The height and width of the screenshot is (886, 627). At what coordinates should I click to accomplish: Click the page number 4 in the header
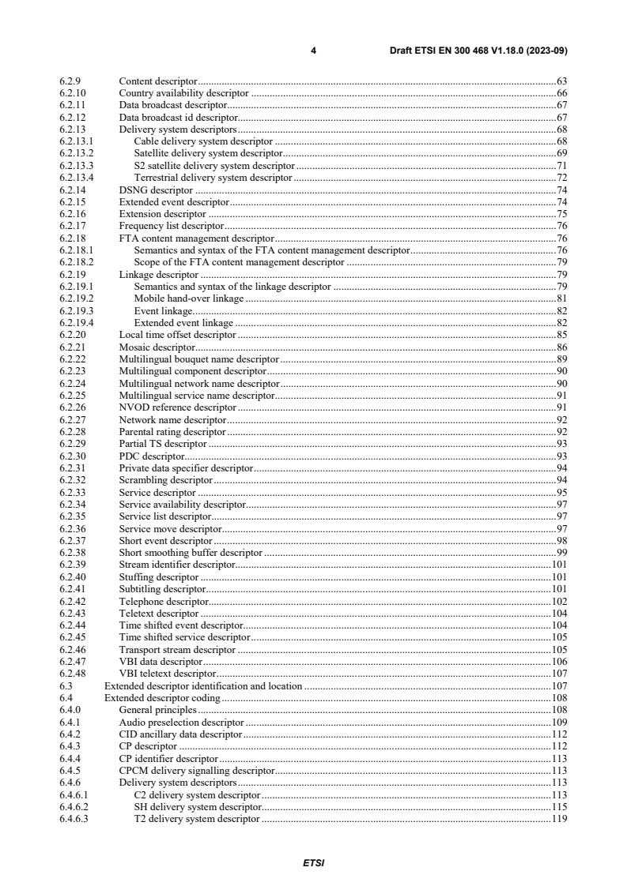point(313,51)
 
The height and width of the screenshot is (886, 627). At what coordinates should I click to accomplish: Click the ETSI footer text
point(313,863)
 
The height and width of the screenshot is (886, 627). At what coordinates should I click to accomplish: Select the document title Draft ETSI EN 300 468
point(478,51)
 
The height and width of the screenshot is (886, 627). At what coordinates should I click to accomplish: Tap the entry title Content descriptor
point(157,81)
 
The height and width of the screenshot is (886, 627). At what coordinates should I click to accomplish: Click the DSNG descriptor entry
point(156,190)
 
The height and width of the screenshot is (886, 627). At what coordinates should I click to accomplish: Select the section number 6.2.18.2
point(76,261)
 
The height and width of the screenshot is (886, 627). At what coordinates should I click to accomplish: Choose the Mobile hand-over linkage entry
point(189,299)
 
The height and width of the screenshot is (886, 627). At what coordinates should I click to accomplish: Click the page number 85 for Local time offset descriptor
point(562,335)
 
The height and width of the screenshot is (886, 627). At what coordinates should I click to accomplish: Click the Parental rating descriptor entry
point(172,432)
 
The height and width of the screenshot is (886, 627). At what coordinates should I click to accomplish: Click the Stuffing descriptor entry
point(159,577)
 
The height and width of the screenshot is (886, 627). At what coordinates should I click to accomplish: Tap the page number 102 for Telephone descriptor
point(560,602)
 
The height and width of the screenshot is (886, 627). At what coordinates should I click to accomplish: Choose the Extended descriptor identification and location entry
point(203,686)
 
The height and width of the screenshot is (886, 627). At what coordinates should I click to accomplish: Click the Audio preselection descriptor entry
point(181,723)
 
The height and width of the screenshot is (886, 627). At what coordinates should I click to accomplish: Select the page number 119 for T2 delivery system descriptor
point(560,819)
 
